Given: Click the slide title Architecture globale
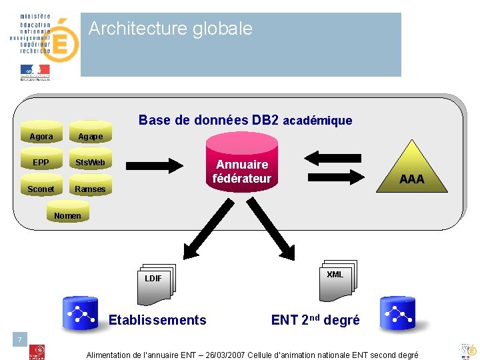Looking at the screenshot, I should (171, 29).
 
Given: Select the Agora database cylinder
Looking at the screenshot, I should (41, 137).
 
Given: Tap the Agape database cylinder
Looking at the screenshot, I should (90, 137).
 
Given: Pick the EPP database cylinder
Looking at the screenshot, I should (41, 163).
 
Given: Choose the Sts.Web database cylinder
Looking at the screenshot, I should (90, 163).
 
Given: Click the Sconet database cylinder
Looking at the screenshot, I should (41, 189).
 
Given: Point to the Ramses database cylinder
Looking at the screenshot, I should (90, 189).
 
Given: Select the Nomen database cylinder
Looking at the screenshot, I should (67, 215).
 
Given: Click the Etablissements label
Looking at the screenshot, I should (157, 320).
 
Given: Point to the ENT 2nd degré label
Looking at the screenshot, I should (315, 320).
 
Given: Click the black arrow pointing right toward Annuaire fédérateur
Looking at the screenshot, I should (155, 164).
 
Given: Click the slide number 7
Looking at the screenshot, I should (20, 341).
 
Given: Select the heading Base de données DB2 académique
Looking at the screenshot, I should (245, 121).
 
